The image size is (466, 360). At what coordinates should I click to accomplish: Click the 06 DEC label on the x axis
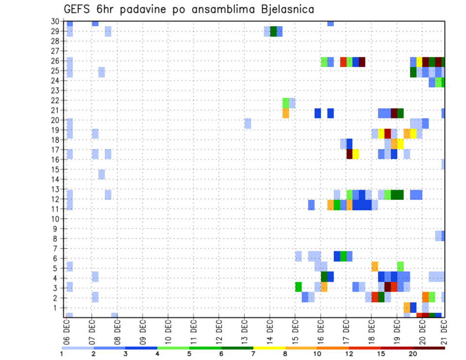point(67,330)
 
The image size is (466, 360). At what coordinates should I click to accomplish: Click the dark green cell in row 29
point(273,32)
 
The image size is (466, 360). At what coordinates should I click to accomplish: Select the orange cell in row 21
point(285,113)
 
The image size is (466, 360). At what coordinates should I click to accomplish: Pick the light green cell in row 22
point(285,103)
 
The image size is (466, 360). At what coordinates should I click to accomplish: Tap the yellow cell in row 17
point(355,154)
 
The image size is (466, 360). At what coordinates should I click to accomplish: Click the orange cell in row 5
point(374,266)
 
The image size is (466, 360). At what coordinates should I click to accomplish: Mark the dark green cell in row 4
point(324,277)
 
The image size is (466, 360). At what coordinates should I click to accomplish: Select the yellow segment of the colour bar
point(269,348)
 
